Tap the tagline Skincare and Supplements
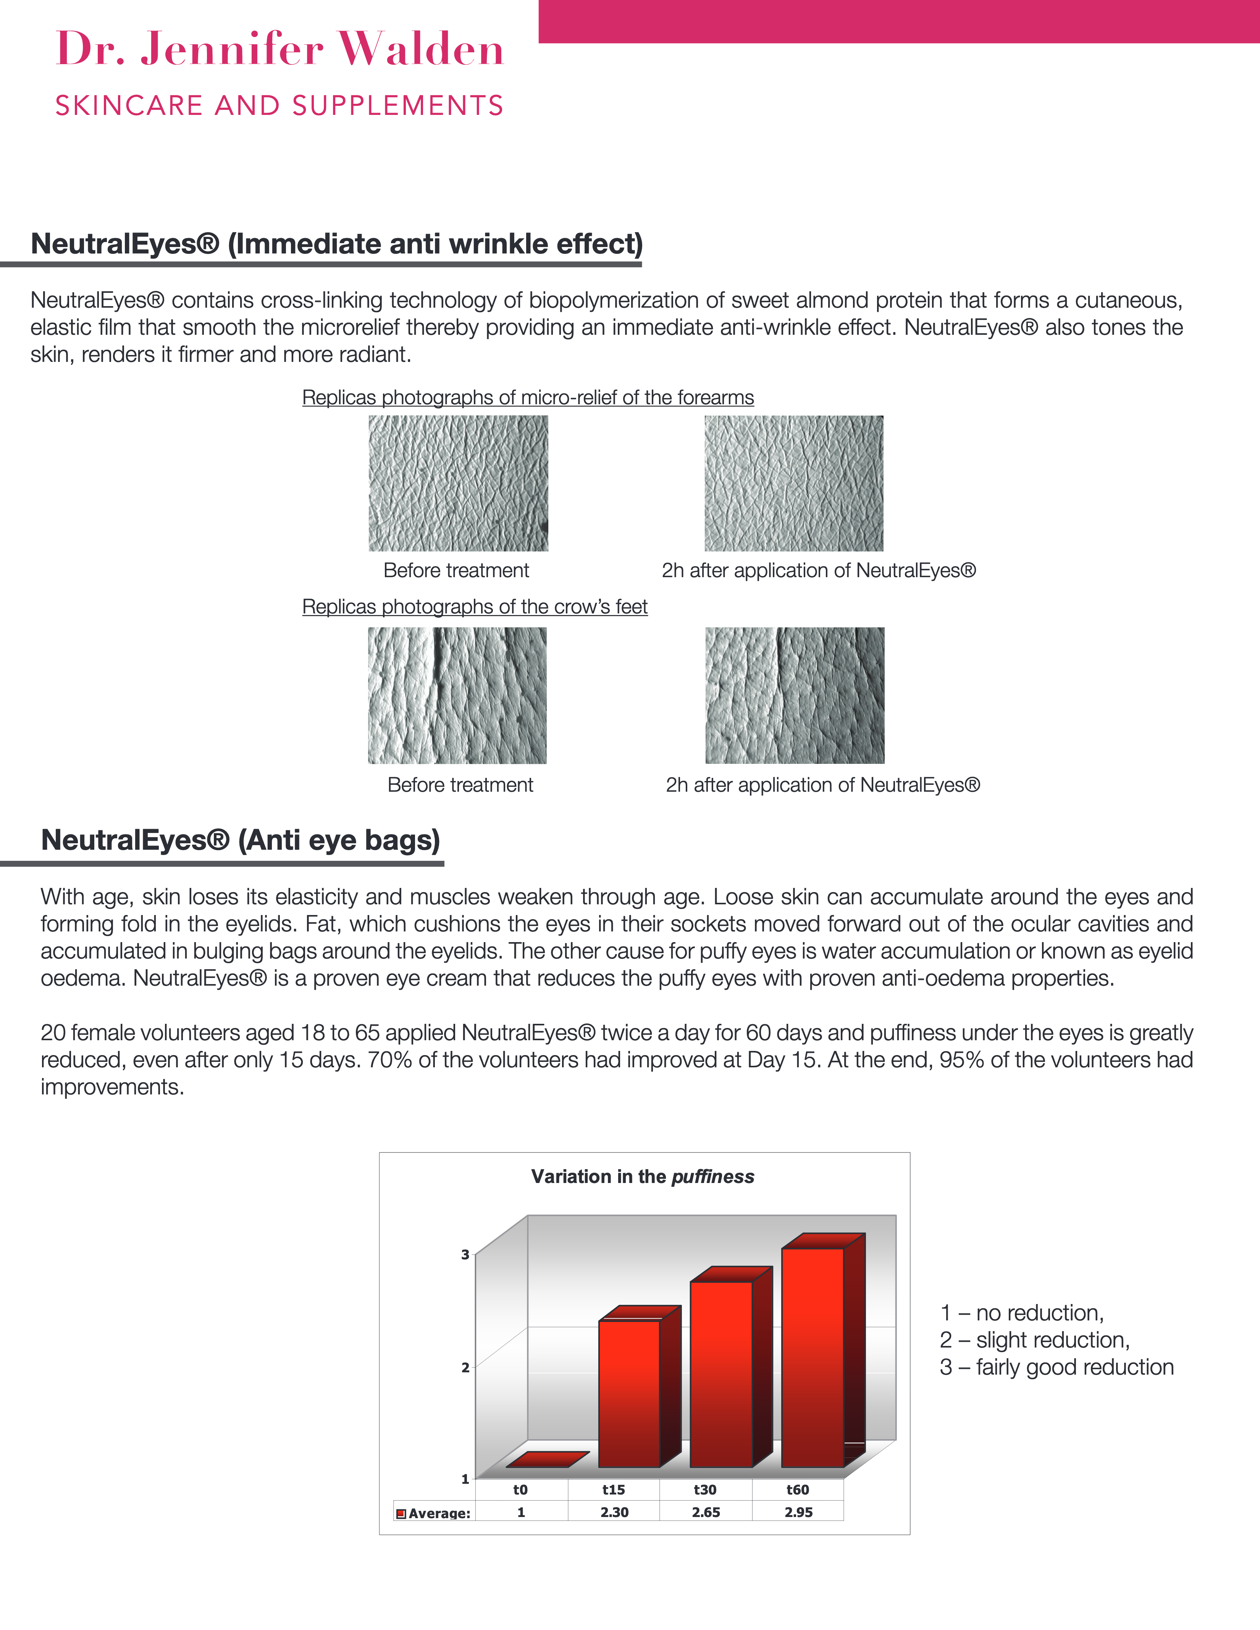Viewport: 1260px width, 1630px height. [x=280, y=106]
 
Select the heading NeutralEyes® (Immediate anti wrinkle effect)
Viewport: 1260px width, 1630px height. [x=337, y=244]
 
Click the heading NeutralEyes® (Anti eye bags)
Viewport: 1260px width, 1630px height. [x=241, y=840]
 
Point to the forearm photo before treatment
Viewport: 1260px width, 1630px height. [x=458, y=484]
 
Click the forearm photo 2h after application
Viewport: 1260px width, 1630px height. [x=793, y=484]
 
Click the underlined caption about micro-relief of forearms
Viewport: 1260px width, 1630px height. [x=528, y=398]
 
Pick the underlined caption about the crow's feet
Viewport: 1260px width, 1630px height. [x=475, y=607]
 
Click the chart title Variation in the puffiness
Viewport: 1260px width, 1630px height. [x=643, y=1177]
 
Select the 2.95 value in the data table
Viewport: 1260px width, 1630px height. [x=798, y=1512]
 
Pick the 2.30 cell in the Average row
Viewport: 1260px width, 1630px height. [x=614, y=1512]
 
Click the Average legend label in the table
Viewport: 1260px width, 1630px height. [x=439, y=1513]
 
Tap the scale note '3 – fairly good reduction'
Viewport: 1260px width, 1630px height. [x=1056, y=1367]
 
